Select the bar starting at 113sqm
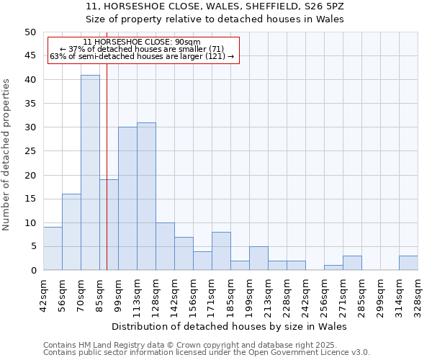click(146, 197)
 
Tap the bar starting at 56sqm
click(71, 232)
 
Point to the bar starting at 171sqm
click(221, 251)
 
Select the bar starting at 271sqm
click(352, 263)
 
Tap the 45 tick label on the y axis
click(30, 56)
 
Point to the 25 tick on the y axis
click(30, 151)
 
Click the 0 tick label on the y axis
click(32, 271)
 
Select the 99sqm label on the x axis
click(109, 294)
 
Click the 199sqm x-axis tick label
click(240, 294)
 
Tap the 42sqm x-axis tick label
click(35, 294)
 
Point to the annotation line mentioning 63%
click(142, 56)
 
